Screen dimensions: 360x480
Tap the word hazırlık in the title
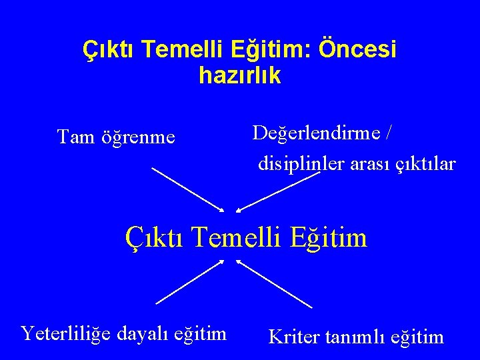[x=240, y=76]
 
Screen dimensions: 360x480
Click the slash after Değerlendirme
[x=388, y=133]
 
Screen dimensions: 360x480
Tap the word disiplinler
[x=291, y=163]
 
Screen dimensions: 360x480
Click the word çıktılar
[x=426, y=163]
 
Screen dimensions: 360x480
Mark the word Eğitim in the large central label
[x=332, y=237]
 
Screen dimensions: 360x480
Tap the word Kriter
[x=295, y=337]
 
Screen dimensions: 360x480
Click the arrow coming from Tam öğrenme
[x=189, y=189]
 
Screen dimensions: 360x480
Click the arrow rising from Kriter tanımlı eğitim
[x=274, y=283]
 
